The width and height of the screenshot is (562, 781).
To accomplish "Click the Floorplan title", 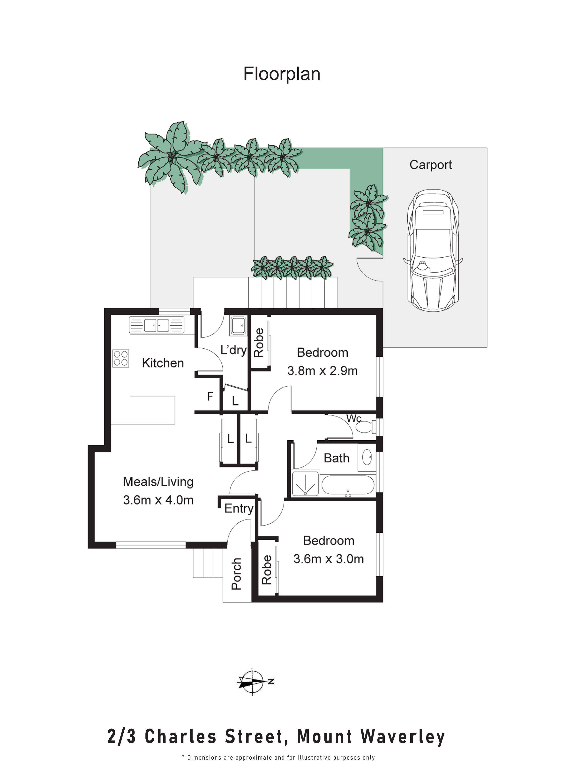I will (282, 74).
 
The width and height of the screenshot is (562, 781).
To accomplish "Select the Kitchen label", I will (163, 363).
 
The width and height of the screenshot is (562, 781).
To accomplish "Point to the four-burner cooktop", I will (120, 358).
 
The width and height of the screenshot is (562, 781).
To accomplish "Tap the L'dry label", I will (233, 350).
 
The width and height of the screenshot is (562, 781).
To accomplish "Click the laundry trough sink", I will (238, 325).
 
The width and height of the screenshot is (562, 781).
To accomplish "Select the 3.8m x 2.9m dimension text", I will (322, 371).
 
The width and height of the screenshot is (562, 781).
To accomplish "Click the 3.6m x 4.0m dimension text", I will (158, 500).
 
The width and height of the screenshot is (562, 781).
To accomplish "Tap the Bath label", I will (336, 458).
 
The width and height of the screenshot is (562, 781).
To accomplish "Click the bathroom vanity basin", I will (367, 457).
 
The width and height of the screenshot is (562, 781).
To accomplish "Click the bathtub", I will (348, 485).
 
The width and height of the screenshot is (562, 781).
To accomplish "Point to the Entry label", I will (239, 508).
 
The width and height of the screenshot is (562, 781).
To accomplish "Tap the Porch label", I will (236, 574).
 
